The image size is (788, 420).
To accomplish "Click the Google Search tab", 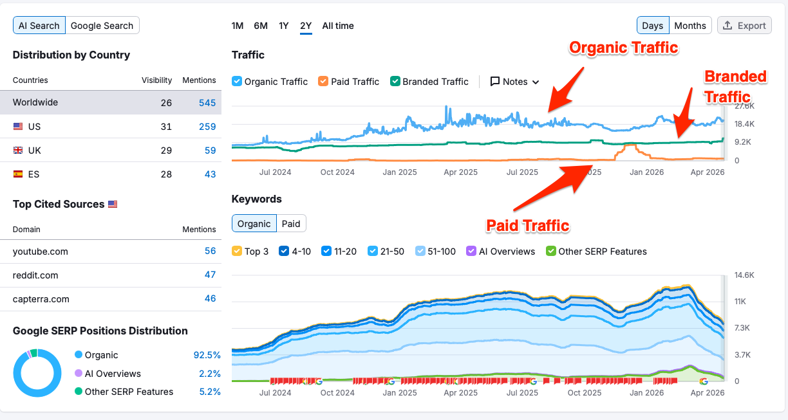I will [102, 26].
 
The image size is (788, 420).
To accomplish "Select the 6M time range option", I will [261, 26].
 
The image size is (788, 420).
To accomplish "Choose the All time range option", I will [338, 26].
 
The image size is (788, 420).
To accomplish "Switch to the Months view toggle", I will [690, 26].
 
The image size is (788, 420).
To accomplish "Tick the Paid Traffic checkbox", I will [323, 82].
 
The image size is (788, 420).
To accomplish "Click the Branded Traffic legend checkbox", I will [395, 82].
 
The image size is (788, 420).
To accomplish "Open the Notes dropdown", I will [514, 82].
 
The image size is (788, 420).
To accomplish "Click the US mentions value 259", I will [207, 127].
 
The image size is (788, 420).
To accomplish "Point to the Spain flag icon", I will [18, 174].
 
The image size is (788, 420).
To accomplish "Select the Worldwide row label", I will [35, 103].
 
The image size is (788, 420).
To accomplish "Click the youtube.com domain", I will [40, 251].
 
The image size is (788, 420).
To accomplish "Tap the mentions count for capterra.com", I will [210, 298].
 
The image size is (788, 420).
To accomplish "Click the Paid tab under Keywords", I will [291, 224].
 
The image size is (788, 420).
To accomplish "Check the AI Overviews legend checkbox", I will [471, 251].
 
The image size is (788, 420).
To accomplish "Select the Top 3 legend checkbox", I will [237, 251].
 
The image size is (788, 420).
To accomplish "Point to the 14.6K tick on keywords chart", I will [744, 275].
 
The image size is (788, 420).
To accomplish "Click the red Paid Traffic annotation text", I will [527, 226].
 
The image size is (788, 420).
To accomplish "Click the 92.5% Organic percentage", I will [207, 355].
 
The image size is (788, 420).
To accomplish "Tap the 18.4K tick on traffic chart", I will [745, 124].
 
